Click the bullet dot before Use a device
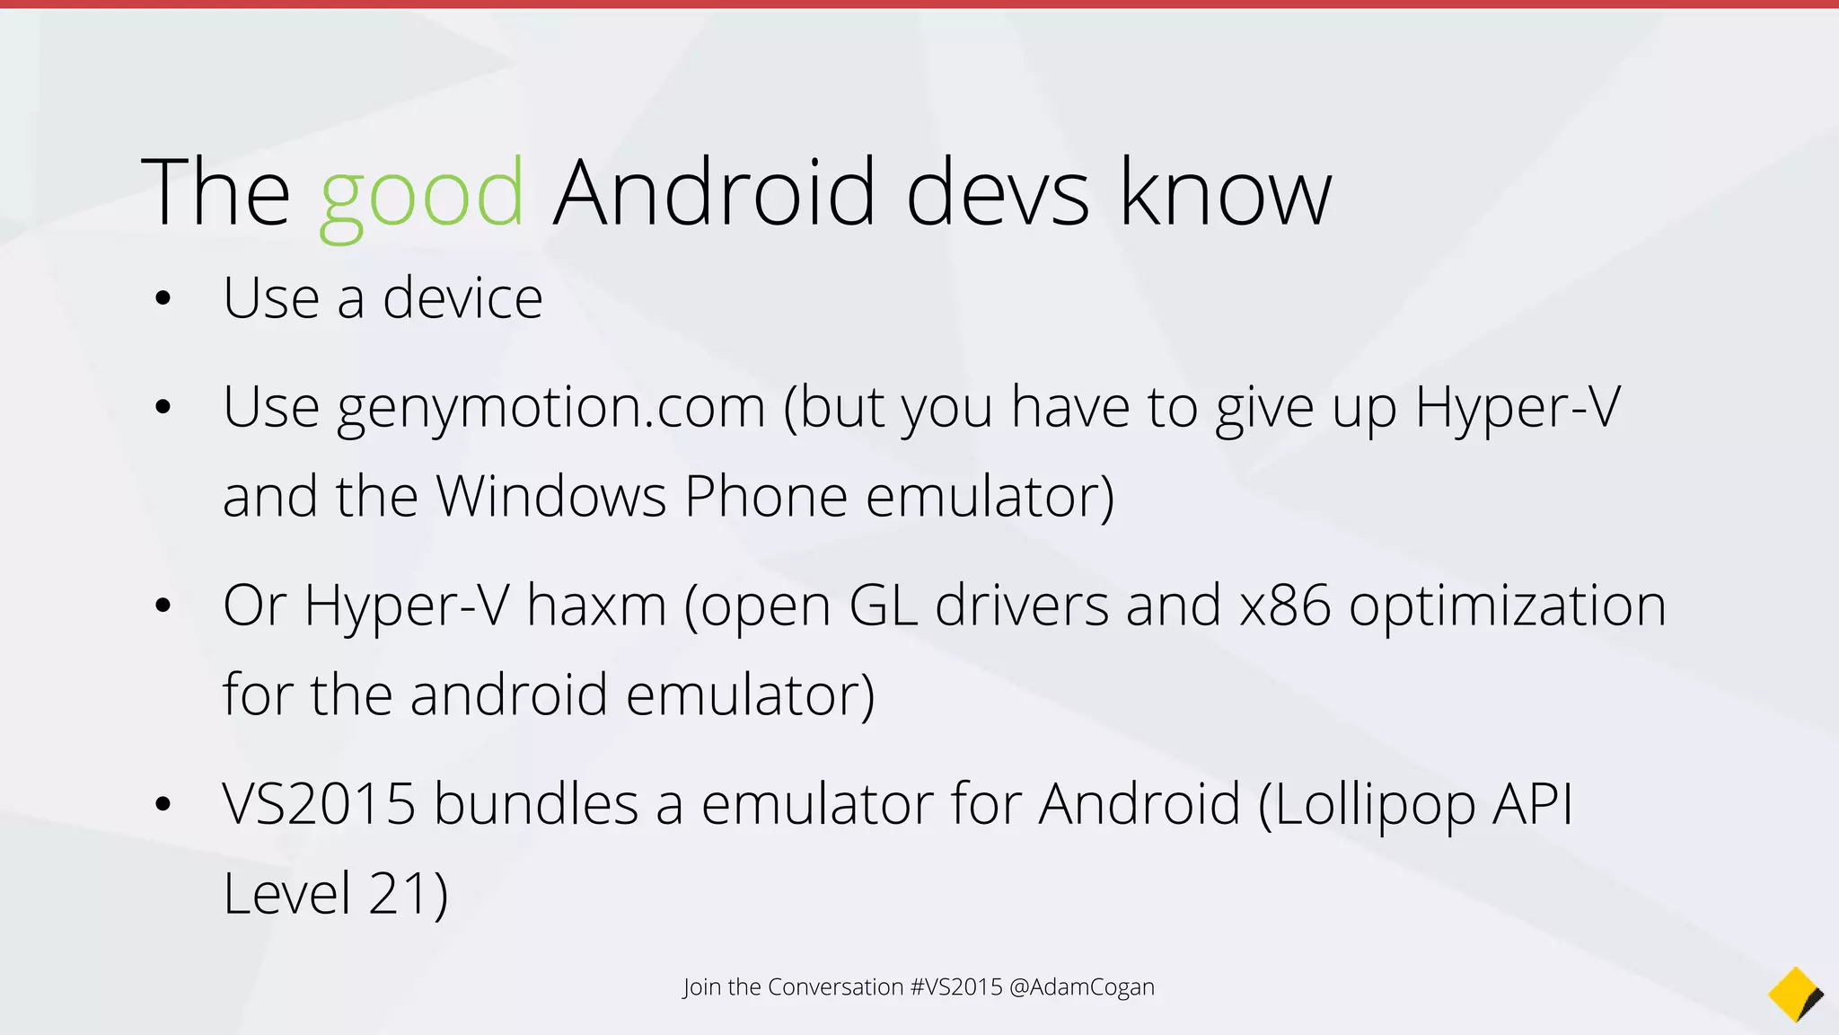[x=163, y=298]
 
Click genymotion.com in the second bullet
[x=551, y=408]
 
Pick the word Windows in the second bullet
[x=551, y=496]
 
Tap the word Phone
[x=766, y=496]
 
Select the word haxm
[x=596, y=605]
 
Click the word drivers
[x=1022, y=605]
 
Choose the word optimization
[x=1508, y=606]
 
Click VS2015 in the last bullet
[x=319, y=803]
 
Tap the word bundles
[x=536, y=803]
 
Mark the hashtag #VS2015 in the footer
[x=955, y=986]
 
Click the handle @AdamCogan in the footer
[x=1082, y=986]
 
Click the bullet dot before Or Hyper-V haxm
[x=163, y=606]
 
